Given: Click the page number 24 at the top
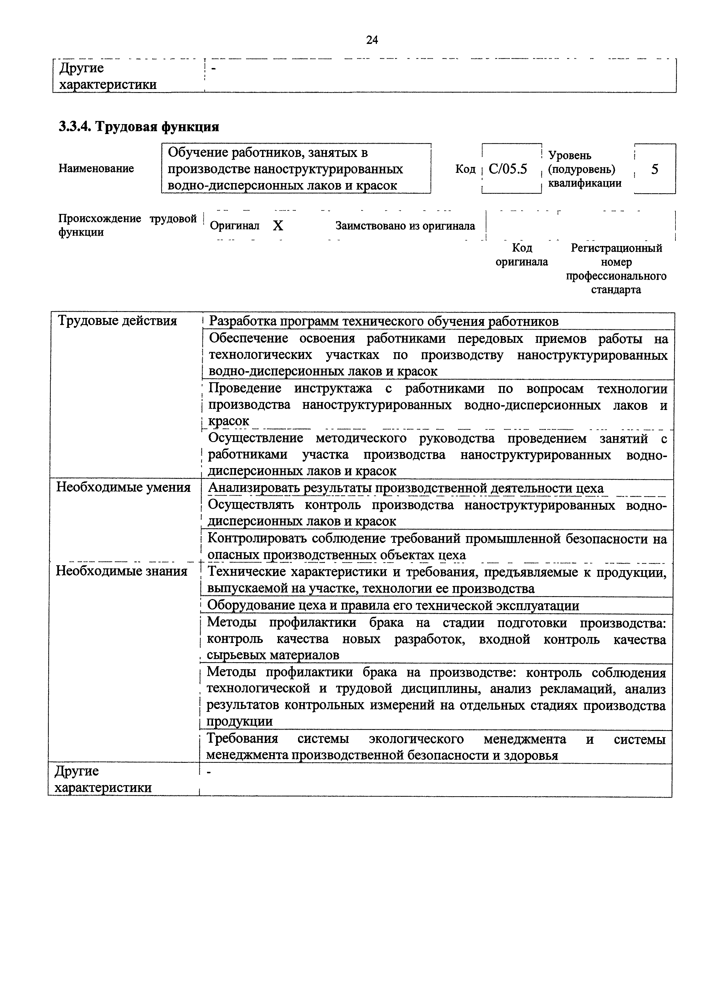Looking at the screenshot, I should (x=372, y=40).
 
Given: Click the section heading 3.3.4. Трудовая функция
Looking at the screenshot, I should (x=139, y=127).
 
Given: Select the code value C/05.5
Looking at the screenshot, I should (x=508, y=169).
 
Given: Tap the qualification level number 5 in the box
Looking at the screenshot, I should (x=655, y=169).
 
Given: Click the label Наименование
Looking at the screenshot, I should (x=96, y=168).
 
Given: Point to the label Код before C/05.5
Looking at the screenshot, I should (x=465, y=169).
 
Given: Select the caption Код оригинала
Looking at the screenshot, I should (x=522, y=255).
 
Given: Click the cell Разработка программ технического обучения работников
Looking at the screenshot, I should (x=383, y=322).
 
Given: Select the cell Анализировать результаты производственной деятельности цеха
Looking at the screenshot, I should (x=406, y=488).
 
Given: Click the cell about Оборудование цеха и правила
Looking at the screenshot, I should (x=393, y=606).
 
